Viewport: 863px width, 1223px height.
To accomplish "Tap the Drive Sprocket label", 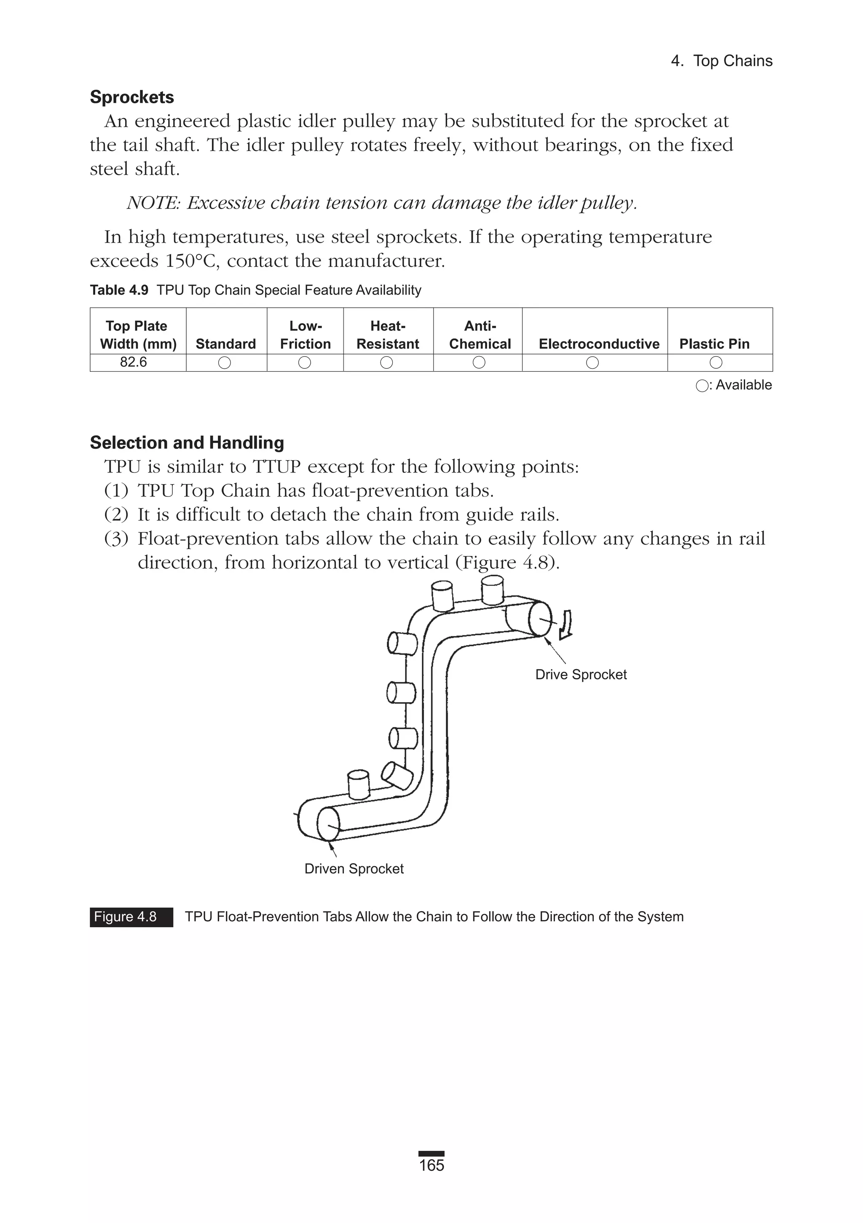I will point(581,674).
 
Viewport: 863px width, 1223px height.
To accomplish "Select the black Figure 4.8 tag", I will point(131,917).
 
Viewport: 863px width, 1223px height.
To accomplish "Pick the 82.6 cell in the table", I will point(133,362).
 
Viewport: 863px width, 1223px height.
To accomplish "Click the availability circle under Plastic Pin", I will point(716,363).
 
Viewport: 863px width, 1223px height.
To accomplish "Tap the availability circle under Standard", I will point(225,363).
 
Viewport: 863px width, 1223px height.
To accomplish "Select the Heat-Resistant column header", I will point(388,335).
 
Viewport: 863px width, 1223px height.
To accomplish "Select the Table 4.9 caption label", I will point(119,290).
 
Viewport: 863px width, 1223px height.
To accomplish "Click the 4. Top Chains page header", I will point(721,61).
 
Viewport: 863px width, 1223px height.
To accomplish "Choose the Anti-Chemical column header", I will point(480,335).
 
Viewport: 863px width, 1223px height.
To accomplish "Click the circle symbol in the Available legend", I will point(702,386).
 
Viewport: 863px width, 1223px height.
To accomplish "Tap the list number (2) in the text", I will point(116,515).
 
